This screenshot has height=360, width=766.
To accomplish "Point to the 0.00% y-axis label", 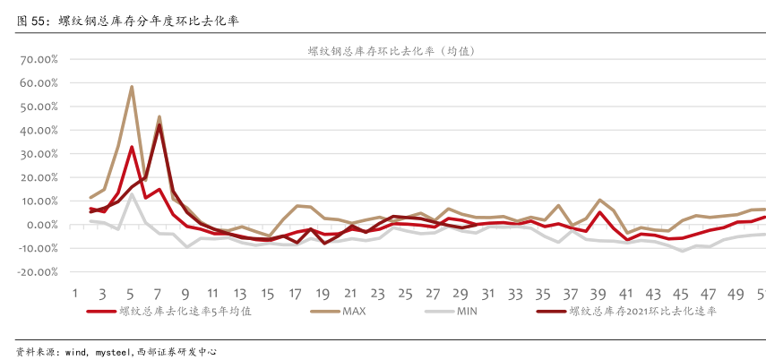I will click(38, 225).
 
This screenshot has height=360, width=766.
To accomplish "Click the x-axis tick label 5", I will click(131, 293).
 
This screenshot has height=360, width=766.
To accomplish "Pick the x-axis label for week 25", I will click(405, 293).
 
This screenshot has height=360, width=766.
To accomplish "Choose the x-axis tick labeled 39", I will click(598, 293).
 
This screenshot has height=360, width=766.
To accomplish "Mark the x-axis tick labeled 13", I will click(240, 293).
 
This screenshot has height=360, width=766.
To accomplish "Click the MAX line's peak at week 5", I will click(132, 87).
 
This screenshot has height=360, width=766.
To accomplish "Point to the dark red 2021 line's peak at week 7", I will click(159, 124).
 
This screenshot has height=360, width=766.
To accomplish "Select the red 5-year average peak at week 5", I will click(132, 147).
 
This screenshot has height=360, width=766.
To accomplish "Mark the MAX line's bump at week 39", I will click(599, 200).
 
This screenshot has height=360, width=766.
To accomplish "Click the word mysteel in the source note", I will click(112, 352).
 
